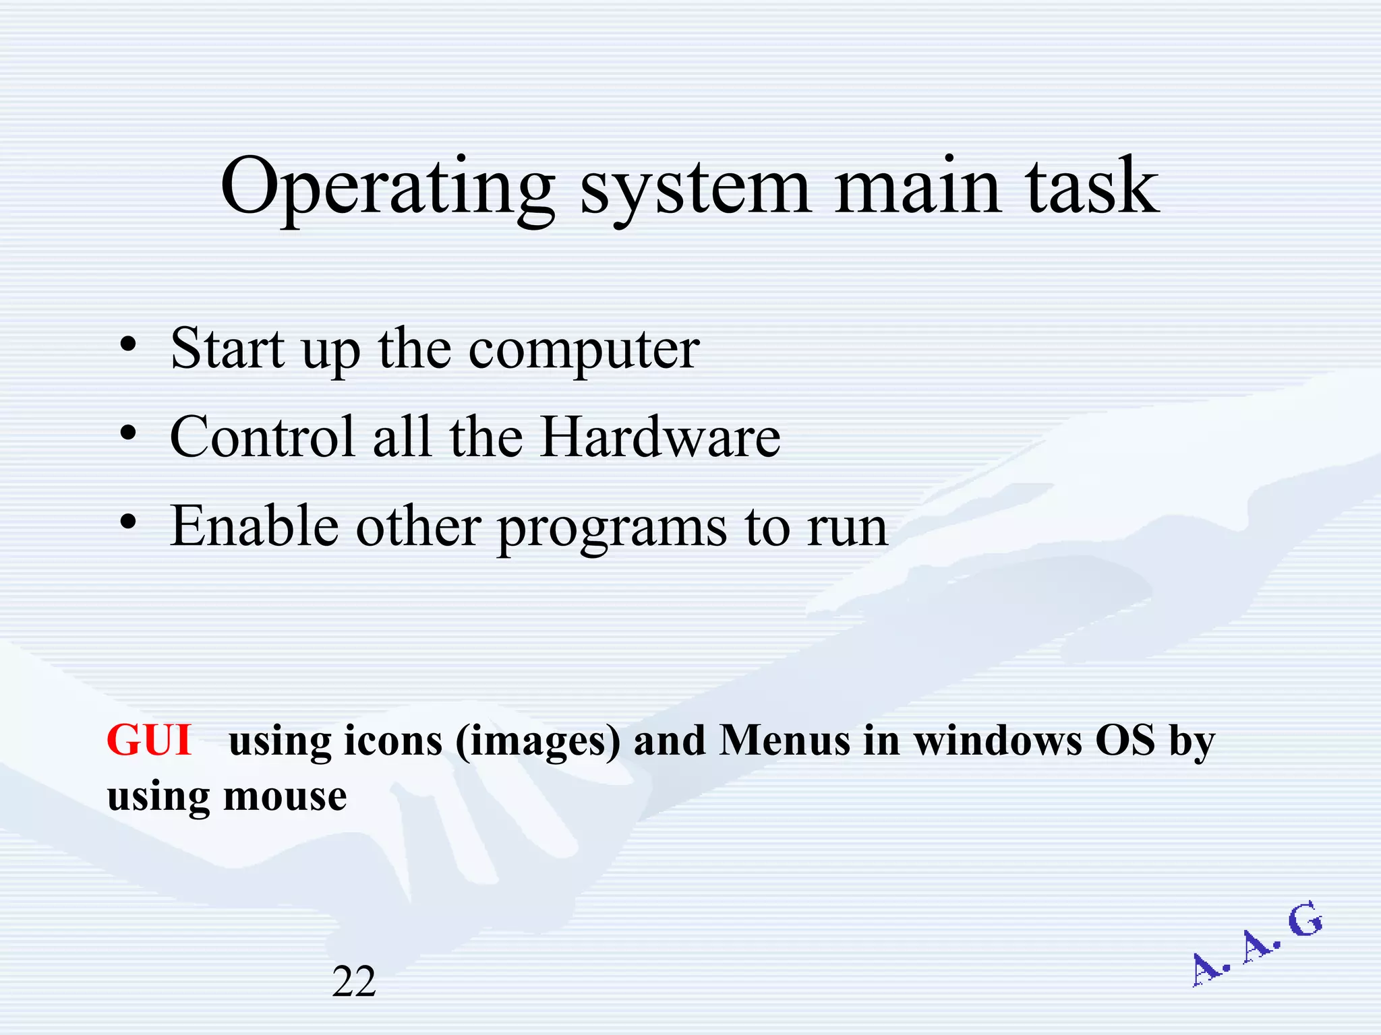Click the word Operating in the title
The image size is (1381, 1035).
coord(387,187)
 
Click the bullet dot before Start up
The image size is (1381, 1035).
coord(128,346)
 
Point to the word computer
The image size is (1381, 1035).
coord(584,350)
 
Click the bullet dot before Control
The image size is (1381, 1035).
coord(128,435)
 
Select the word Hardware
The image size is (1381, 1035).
coord(660,437)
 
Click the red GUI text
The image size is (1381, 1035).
coord(149,740)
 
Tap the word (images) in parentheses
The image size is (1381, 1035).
coord(537,741)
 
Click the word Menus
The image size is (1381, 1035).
coord(785,741)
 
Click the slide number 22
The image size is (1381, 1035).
coord(353,981)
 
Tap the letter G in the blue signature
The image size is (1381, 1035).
coord(1305,920)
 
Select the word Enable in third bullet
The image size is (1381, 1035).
coord(254,526)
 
